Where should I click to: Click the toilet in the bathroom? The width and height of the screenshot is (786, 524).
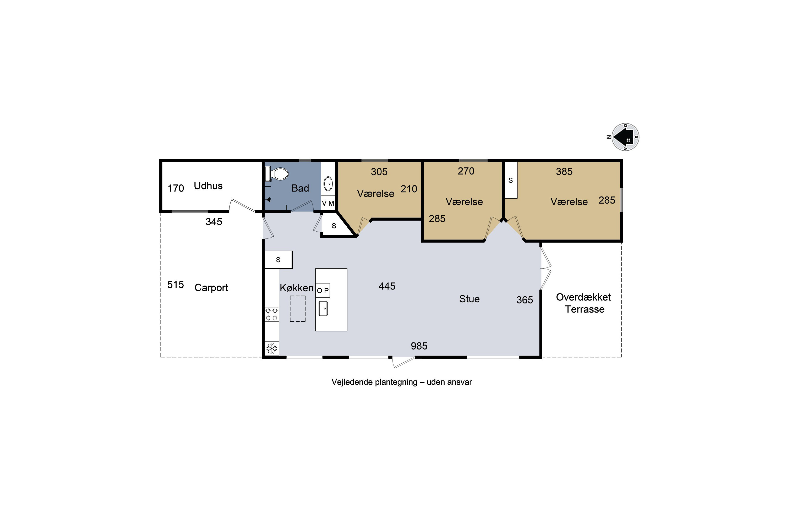276,174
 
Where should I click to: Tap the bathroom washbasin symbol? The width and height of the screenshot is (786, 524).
328,183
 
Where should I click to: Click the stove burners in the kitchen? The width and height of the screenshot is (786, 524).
271,314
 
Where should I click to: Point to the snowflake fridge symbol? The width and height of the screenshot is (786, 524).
272,348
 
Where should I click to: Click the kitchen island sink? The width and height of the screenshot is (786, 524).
323,308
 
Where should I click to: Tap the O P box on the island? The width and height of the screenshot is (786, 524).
323,290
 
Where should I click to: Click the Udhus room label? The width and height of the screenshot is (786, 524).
208,186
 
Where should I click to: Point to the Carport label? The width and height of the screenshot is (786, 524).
211,288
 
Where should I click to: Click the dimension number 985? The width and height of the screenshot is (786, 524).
419,346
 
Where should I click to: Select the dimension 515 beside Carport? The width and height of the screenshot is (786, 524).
176,285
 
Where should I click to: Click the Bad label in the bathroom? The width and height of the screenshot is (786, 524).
300,188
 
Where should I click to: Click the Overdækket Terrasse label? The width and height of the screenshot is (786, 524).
584,303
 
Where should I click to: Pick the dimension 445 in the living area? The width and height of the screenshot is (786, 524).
387,286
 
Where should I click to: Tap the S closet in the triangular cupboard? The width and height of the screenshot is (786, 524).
334,226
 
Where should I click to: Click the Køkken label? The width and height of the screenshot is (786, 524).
297,288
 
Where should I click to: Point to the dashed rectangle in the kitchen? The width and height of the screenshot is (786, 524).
298,309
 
